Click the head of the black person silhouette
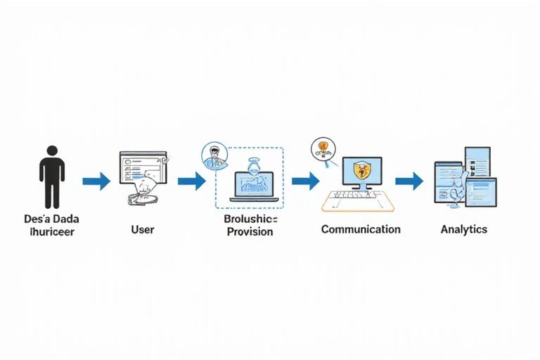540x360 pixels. pos(51,151)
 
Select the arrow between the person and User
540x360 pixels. pos(96,181)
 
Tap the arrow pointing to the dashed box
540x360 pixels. pos(191,181)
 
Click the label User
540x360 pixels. pos(143,229)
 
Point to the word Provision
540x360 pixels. pos(250,231)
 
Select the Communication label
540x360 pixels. pos(361,229)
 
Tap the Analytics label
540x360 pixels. pos(463,229)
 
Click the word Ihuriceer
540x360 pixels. pos(52,231)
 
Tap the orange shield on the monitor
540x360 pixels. pos(361,169)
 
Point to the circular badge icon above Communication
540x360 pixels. pos(321,148)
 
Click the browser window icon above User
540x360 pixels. pos(143,169)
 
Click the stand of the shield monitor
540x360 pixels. pos(361,187)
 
